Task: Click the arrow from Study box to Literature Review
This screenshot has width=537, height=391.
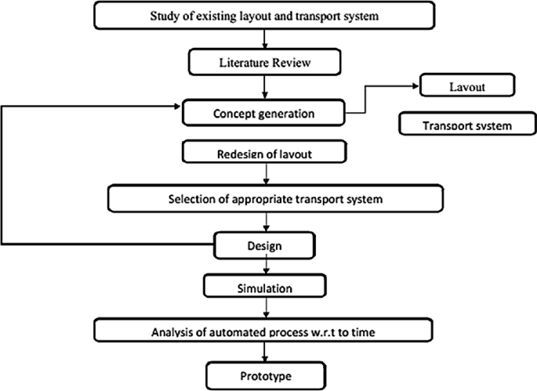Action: (267, 39)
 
